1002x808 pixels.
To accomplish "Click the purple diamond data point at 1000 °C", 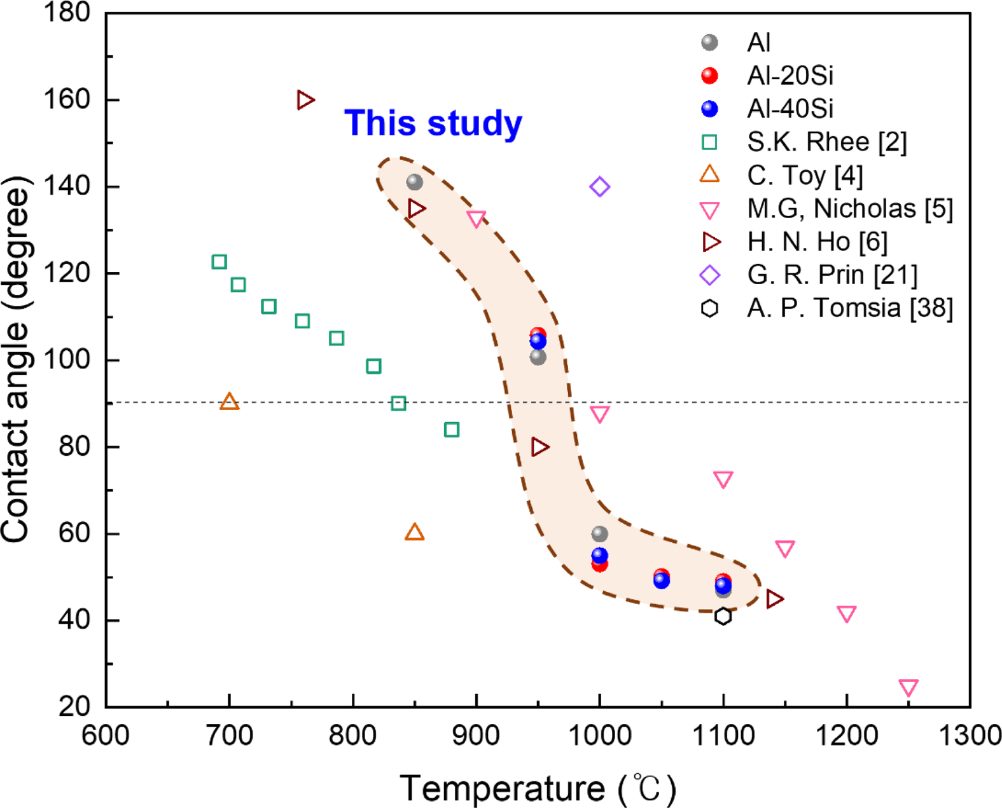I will [599, 187].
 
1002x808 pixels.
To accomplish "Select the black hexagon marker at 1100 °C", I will [723, 616].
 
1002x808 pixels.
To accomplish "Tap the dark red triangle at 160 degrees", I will [305, 100].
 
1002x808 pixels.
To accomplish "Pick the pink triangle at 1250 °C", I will [908, 687].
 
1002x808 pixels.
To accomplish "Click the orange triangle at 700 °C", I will [229, 402].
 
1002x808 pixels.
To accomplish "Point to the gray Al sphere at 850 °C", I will [415, 182].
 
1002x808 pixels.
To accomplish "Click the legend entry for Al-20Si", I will [790, 76].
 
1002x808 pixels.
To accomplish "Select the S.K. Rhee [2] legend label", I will [826, 142].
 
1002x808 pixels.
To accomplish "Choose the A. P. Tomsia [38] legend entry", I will [849, 308].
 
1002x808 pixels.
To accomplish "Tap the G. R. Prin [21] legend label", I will [832, 275].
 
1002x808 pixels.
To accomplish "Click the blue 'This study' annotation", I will [433, 123].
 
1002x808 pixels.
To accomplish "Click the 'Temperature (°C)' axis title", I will [538, 789].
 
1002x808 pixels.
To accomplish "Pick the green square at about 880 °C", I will [452, 430].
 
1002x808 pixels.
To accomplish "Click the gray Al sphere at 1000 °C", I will [599, 534].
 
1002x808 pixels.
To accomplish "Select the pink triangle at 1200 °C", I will [847, 613].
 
